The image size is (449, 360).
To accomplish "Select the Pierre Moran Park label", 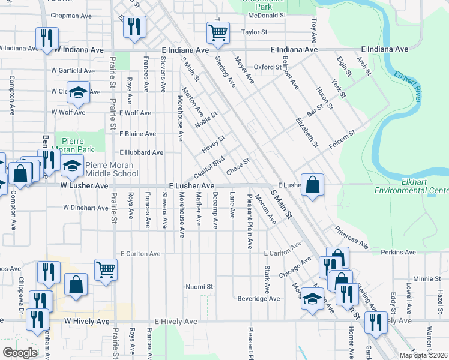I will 80,143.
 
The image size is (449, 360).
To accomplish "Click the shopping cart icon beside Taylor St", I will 217,32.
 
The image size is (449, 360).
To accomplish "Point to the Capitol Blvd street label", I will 209,168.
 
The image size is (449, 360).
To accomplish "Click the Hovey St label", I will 213,143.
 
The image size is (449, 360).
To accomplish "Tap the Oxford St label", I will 268,67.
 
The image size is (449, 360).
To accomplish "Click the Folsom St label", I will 342,140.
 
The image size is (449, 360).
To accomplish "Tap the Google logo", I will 20,353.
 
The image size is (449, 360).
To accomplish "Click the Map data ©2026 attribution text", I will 424,355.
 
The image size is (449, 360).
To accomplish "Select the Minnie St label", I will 427,279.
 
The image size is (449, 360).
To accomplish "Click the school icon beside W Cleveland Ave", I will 78,92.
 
